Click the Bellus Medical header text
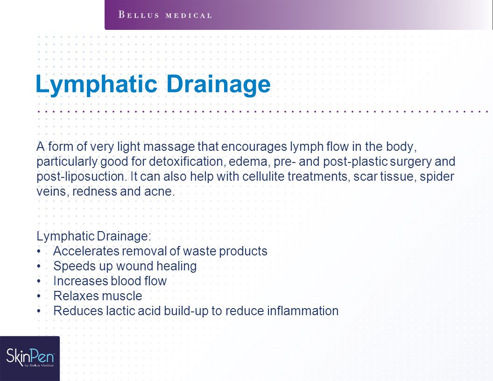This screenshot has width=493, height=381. (x=165, y=15)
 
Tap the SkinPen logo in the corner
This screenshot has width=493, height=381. (x=30, y=359)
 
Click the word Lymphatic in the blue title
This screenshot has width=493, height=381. (x=96, y=84)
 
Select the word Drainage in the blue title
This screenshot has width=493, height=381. (x=218, y=84)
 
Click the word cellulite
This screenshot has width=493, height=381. (x=263, y=176)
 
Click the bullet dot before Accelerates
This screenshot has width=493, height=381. (x=39, y=251)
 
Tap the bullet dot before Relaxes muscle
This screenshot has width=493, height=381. (x=39, y=296)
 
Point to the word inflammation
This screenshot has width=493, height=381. (x=303, y=311)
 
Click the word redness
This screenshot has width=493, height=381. (x=95, y=191)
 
